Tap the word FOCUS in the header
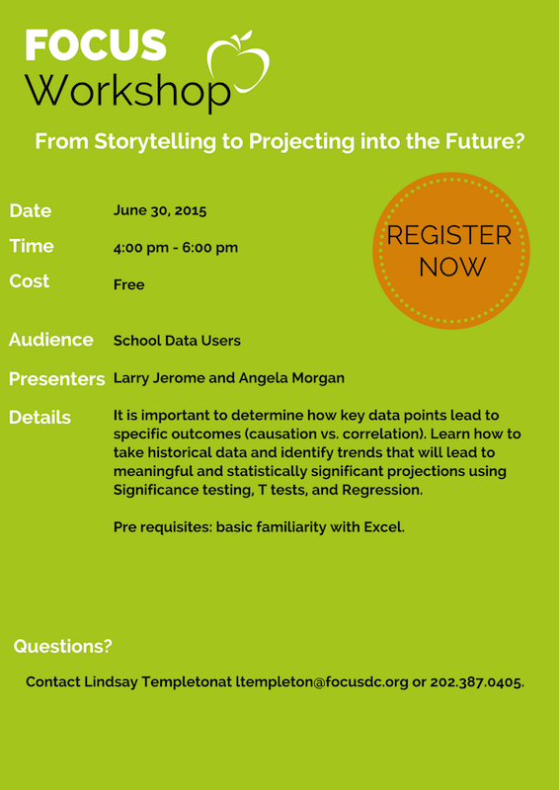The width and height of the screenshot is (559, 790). pyautogui.click(x=96, y=45)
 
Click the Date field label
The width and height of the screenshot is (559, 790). pyautogui.click(x=31, y=210)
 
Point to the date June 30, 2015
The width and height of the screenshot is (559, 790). pyautogui.click(x=160, y=210)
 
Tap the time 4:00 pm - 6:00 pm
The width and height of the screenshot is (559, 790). pyautogui.click(x=176, y=248)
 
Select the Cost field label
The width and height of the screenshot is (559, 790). pyautogui.click(x=30, y=281)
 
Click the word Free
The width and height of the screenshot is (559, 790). pyautogui.click(x=129, y=285)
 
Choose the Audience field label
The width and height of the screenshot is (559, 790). pyautogui.click(x=51, y=340)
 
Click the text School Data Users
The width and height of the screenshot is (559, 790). pyautogui.click(x=177, y=341)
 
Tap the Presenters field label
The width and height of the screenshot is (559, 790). pyautogui.click(x=57, y=379)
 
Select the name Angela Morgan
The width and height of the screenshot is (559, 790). pyautogui.click(x=292, y=378)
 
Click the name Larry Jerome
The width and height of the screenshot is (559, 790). pyautogui.click(x=159, y=378)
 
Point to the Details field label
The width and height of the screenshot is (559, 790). pyautogui.click(x=40, y=418)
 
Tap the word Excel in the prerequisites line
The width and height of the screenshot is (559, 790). pyautogui.click(x=385, y=527)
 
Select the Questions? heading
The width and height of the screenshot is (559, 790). pyautogui.click(x=62, y=646)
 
